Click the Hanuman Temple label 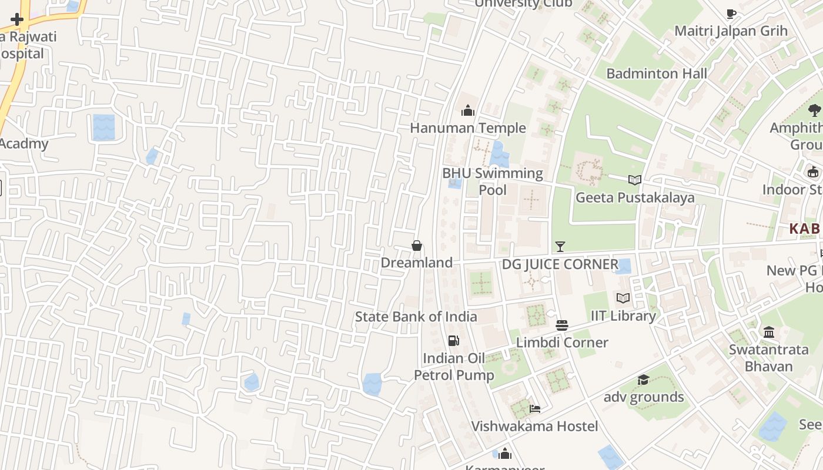[467, 128]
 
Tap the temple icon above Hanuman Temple [468, 110]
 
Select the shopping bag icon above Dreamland [417, 246]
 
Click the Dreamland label [417, 263]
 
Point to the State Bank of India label [416, 317]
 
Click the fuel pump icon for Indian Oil [453, 340]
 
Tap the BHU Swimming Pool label [493, 181]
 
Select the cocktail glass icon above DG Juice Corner [560, 247]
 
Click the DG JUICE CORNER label [560, 264]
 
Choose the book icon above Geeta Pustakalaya [635, 180]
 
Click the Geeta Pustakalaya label [635, 197]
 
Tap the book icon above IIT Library [623, 298]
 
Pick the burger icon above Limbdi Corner [562, 325]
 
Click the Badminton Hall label [657, 73]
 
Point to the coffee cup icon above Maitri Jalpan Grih [731, 14]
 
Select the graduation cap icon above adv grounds [643, 380]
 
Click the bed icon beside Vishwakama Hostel [535, 409]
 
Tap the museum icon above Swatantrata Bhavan [769, 333]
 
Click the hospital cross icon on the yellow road [17, 19]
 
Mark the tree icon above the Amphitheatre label [814, 110]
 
